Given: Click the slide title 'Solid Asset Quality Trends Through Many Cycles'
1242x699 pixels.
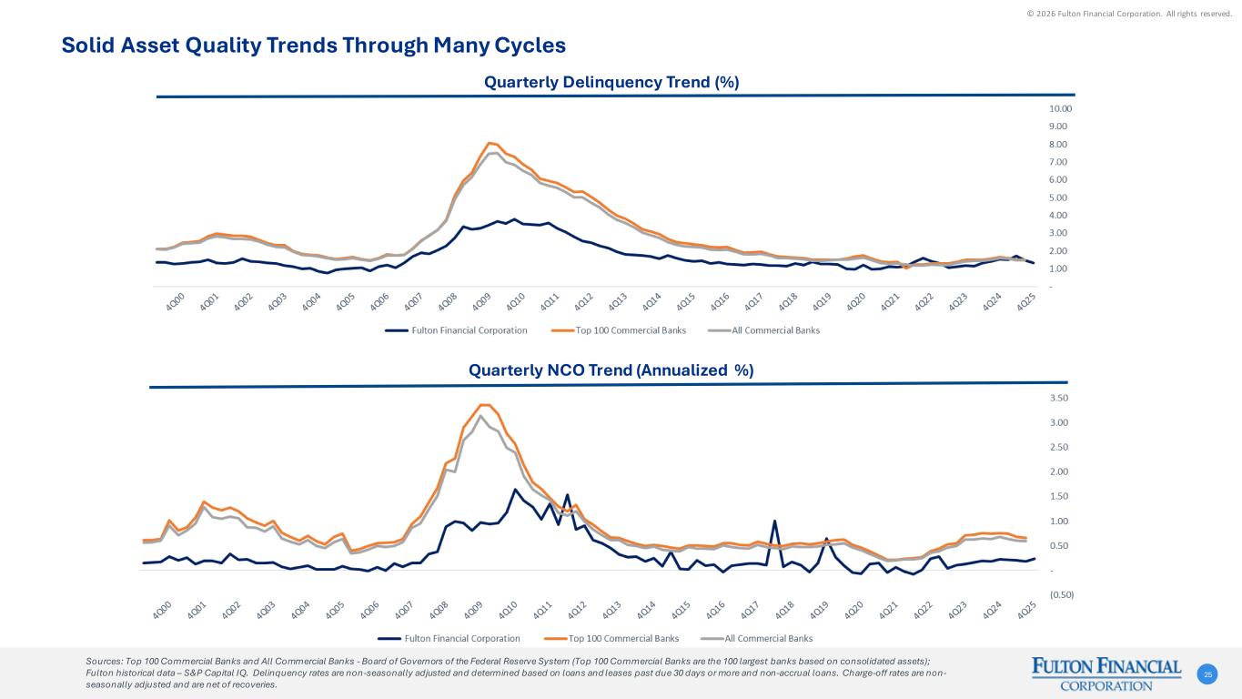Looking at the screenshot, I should [313, 46].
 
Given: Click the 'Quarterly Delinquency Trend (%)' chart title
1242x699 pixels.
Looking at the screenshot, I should [611, 82].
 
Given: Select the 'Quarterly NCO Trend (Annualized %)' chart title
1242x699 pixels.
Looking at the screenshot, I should [611, 370].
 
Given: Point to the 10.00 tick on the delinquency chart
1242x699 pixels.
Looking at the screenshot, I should [1060, 108].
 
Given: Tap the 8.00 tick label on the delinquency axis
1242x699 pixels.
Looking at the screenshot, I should [1057, 145].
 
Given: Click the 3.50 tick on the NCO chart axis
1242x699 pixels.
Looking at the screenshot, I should [1059, 399].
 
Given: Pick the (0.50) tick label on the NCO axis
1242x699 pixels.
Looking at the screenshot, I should [1062, 594].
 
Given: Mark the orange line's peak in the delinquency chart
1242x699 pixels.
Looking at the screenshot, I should [490, 143].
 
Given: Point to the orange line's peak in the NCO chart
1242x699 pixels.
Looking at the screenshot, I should [484, 405].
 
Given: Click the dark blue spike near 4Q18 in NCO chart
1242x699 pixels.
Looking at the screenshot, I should [774, 522].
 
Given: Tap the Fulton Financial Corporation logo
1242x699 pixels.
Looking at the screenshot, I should [1106, 674].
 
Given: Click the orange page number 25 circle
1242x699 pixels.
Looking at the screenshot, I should [1207, 674].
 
